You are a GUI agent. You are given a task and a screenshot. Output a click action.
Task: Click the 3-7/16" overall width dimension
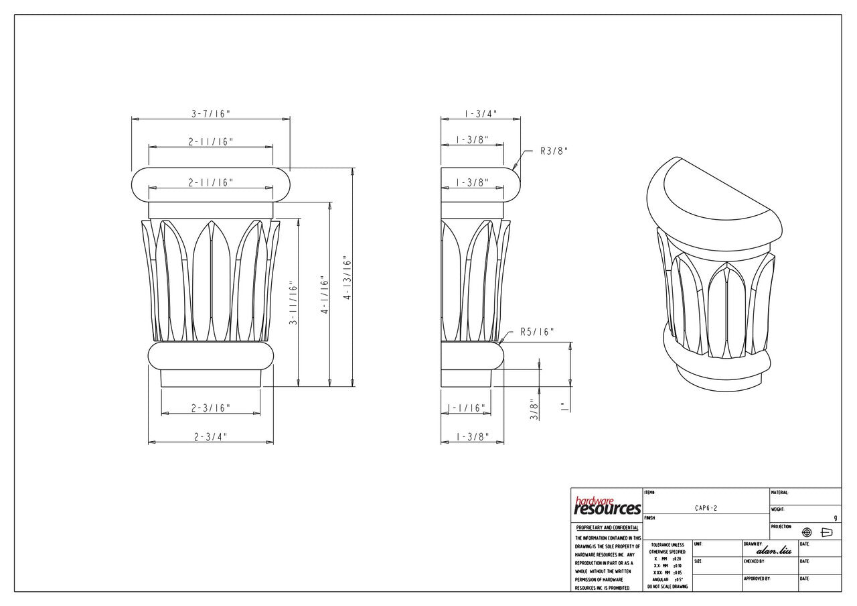pyautogui.click(x=210, y=114)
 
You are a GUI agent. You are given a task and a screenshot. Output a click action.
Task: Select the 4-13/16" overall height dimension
pyautogui.click(x=347, y=278)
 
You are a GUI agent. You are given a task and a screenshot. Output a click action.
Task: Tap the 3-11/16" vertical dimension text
pyautogui.click(x=293, y=304)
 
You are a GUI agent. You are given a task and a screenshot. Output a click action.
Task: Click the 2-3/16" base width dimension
pyautogui.click(x=210, y=408)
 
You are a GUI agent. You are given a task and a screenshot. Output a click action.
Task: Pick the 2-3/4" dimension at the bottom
pyautogui.click(x=210, y=436)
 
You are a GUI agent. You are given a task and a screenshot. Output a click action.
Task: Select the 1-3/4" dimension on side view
pyautogui.click(x=480, y=114)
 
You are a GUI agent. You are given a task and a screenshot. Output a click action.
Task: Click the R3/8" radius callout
pyautogui.click(x=554, y=151)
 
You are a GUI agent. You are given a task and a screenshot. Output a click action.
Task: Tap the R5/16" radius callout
pyautogui.click(x=537, y=332)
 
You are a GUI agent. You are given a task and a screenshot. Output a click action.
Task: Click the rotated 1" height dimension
pyautogui.click(x=563, y=406)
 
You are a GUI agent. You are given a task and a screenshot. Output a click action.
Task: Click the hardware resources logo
pyautogui.click(x=607, y=506)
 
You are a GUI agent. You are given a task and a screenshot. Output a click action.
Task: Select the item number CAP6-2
pyautogui.click(x=706, y=509)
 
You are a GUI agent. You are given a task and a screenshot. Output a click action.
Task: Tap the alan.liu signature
pyautogui.click(x=773, y=550)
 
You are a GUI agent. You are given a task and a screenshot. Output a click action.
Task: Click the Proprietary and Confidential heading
pyautogui.click(x=607, y=528)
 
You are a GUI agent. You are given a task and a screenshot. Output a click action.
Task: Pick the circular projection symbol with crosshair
pyautogui.click(x=807, y=532)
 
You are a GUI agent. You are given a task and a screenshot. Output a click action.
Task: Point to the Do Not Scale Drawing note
pyautogui.click(x=666, y=587)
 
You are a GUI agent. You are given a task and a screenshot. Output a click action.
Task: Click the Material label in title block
pyautogui.click(x=779, y=493)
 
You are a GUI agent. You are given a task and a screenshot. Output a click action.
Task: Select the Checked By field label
pyautogui.click(x=753, y=561)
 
